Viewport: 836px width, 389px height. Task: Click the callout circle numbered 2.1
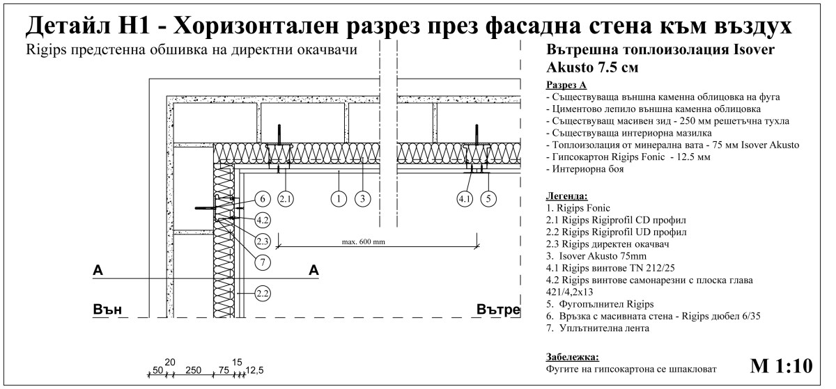coord(286,198)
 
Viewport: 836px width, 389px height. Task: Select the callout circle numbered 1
coord(339,198)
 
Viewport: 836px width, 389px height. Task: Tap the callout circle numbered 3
coord(361,198)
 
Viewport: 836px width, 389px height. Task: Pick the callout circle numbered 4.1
coord(465,198)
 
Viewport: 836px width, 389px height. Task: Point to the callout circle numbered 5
coord(490,198)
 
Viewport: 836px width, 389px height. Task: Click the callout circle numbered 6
coord(261,198)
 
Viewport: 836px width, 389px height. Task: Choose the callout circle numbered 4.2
coord(262,219)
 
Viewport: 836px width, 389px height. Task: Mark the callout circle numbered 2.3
coord(262,241)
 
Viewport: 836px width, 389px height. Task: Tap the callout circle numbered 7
coord(262,262)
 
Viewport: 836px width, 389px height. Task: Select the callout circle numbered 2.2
coord(262,293)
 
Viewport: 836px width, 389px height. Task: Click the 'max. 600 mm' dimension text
coord(364,242)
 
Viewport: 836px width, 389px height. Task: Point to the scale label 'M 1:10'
coord(781,365)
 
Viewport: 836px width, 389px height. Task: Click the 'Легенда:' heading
coord(567,196)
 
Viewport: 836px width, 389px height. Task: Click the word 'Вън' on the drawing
coord(108,310)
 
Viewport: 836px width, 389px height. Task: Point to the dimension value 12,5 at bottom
coord(255,370)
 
